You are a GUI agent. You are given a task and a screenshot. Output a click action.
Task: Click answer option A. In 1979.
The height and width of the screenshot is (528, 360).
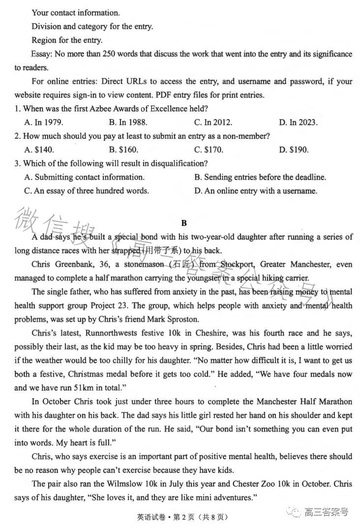(x=44, y=122)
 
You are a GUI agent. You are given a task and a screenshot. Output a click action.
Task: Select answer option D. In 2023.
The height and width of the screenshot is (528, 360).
(x=298, y=122)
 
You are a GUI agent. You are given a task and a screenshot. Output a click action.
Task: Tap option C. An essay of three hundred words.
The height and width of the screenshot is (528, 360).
(x=86, y=190)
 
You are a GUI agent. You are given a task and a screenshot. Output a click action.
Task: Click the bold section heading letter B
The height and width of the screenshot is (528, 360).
(x=184, y=223)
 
